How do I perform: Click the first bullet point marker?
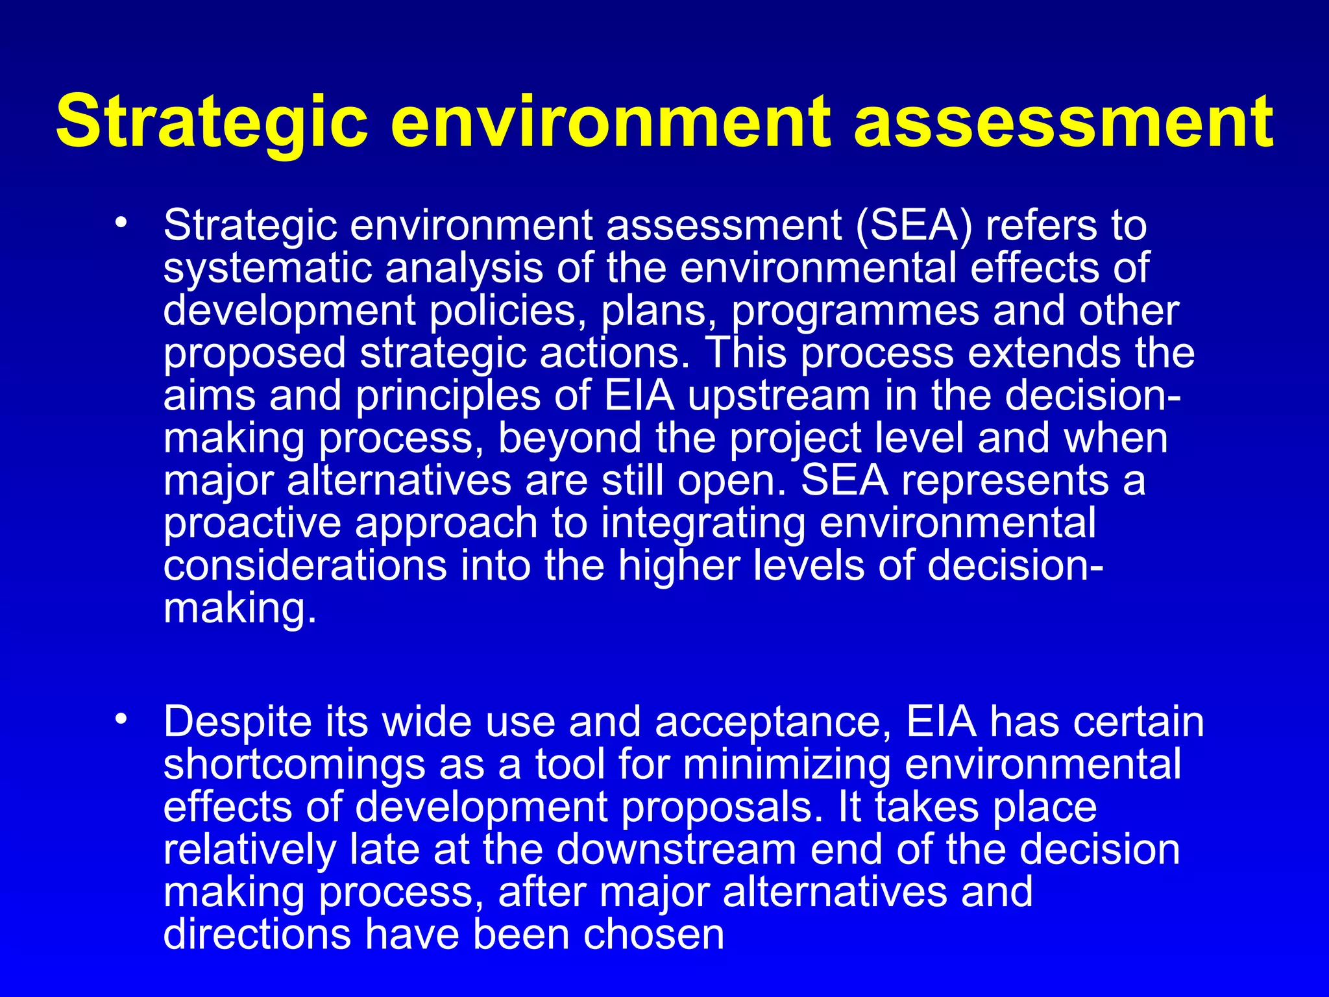[x=120, y=223]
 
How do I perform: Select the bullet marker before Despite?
[x=120, y=719]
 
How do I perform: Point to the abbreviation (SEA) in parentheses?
[x=914, y=227]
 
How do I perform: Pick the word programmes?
[x=856, y=312]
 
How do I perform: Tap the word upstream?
[x=779, y=396]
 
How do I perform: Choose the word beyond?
[x=570, y=439]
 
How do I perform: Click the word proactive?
[x=252, y=524]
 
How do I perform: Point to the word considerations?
[x=305, y=565]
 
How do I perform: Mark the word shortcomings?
[x=294, y=765]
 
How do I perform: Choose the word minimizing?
[x=786, y=765]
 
